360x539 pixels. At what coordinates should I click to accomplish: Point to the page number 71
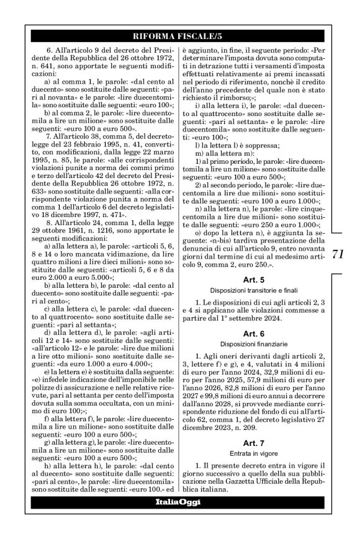pos(338,254)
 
